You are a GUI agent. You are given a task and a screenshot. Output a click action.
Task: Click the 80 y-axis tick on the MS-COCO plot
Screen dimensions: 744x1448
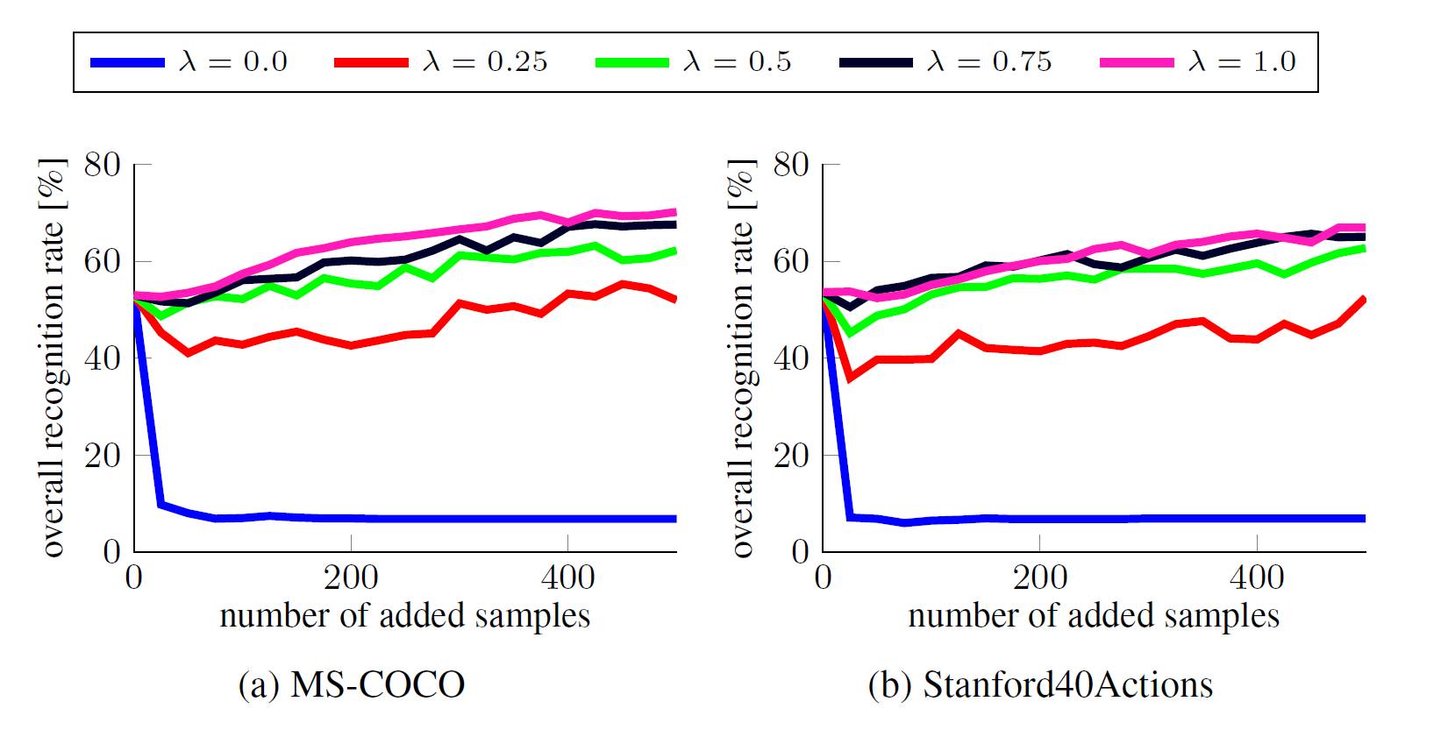click(x=103, y=165)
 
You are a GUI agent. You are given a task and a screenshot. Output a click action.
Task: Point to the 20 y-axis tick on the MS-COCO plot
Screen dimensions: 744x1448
click(x=103, y=456)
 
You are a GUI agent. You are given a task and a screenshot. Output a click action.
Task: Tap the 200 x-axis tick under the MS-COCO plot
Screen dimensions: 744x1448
click(x=351, y=577)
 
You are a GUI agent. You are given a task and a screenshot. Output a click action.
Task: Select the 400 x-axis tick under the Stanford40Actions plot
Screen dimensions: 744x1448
click(x=1257, y=577)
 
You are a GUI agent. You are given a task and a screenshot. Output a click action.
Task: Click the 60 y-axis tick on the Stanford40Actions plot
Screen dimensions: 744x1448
click(x=792, y=262)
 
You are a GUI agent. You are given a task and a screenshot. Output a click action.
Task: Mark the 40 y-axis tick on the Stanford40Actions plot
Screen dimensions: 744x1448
click(x=792, y=359)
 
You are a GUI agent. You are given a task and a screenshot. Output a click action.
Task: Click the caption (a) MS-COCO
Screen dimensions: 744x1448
click(x=352, y=684)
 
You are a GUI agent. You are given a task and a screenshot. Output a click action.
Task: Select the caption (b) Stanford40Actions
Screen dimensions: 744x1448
click(x=1040, y=684)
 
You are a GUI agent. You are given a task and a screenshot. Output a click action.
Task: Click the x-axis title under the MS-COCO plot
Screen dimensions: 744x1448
click(x=404, y=616)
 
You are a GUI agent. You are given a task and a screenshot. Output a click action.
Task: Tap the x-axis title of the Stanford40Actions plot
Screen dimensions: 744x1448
click(x=1094, y=616)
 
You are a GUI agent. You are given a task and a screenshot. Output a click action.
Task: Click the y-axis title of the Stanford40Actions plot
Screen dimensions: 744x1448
click(x=742, y=358)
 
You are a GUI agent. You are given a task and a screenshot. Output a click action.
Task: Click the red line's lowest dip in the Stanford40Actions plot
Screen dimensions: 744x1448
click(x=849, y=378)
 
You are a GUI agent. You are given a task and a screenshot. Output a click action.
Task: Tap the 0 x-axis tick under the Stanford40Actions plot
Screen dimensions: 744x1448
click(x=823, y=577)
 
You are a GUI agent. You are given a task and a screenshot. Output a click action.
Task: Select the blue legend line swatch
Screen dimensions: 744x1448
click(x=127, y=62)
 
